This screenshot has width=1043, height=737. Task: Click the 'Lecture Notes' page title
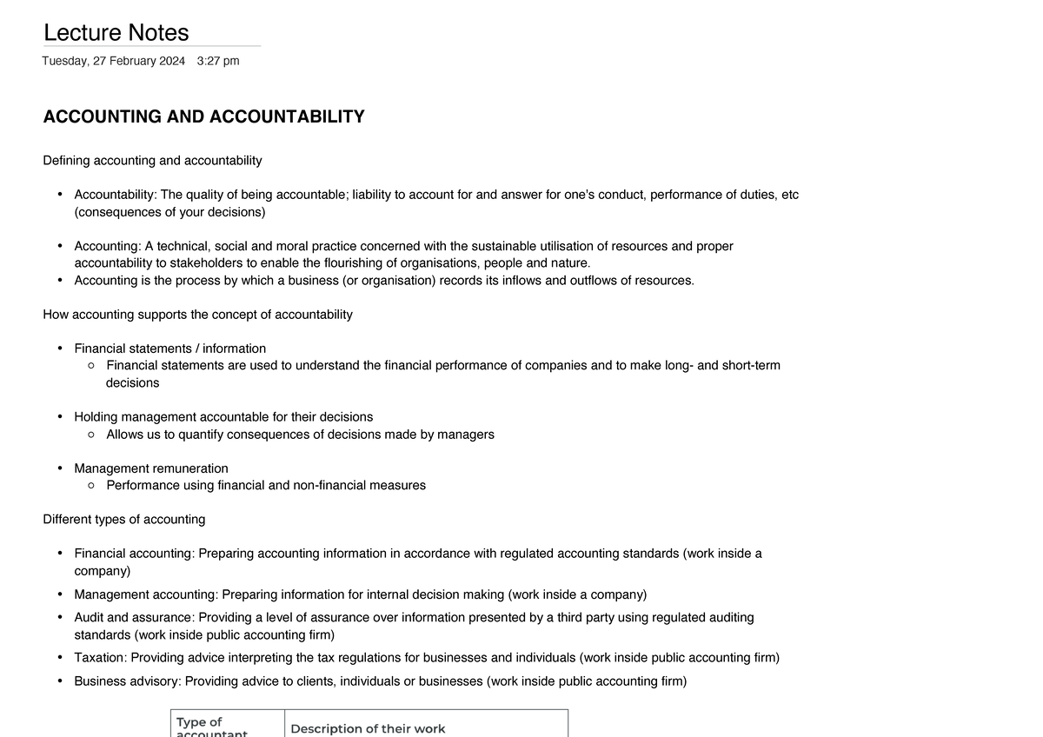click(x=116, y=33)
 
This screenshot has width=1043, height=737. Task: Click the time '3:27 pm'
click(x=218, y=61)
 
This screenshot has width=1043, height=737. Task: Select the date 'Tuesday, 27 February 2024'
click(x=114, y=61)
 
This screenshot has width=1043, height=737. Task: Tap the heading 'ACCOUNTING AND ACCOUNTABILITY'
click(x=203, y=116)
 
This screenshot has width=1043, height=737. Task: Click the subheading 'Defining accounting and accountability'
click(x=152, y=161)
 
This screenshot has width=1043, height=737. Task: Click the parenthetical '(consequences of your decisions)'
click(x=169, y=212)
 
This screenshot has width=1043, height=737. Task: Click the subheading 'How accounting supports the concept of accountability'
click(x=197, y=315)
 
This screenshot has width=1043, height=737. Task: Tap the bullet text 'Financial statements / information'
click(x=169, y=349)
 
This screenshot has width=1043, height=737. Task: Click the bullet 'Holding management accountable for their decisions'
click(x=223, y=417)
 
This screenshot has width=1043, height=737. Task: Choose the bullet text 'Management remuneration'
click(x=151, y=468)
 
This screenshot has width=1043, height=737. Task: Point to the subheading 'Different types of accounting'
click(x=124, y=520)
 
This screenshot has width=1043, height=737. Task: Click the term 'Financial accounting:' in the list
click(x=135, y=554)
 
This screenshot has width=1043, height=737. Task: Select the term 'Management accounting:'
click(x=146, y=594)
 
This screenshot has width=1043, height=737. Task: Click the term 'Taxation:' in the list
click(x=101, y=658)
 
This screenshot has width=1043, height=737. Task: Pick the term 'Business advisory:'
click(x=128, y=681)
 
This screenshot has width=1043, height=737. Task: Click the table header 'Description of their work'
click(x=368, y=728)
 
